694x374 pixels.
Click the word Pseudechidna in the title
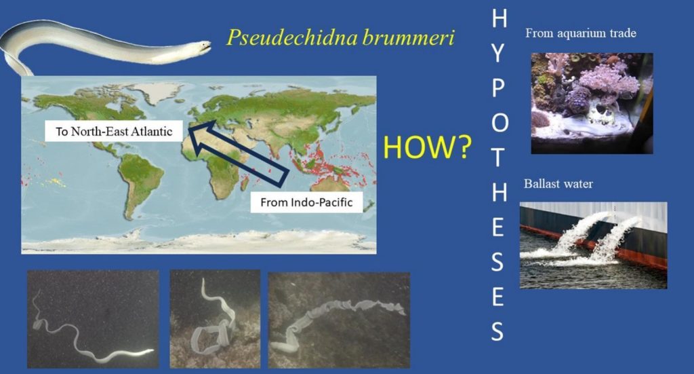[291, 37]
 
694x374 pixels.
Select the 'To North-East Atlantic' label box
[114, 131]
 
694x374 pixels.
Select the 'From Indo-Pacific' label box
[306, 202]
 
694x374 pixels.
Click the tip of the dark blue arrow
[189, 129]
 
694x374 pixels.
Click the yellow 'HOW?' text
[427, 147]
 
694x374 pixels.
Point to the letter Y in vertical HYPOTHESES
[497, 54]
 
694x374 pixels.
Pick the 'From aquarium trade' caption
[581, 33]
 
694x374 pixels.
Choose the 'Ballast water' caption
[558, 183]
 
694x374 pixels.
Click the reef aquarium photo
[592, 103]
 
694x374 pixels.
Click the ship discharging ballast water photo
[594, 246]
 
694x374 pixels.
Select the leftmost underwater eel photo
[93, 319]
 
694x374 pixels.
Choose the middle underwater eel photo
[215, 319]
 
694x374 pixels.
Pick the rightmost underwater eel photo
[339, 320]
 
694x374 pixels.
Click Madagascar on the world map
[244, 183]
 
